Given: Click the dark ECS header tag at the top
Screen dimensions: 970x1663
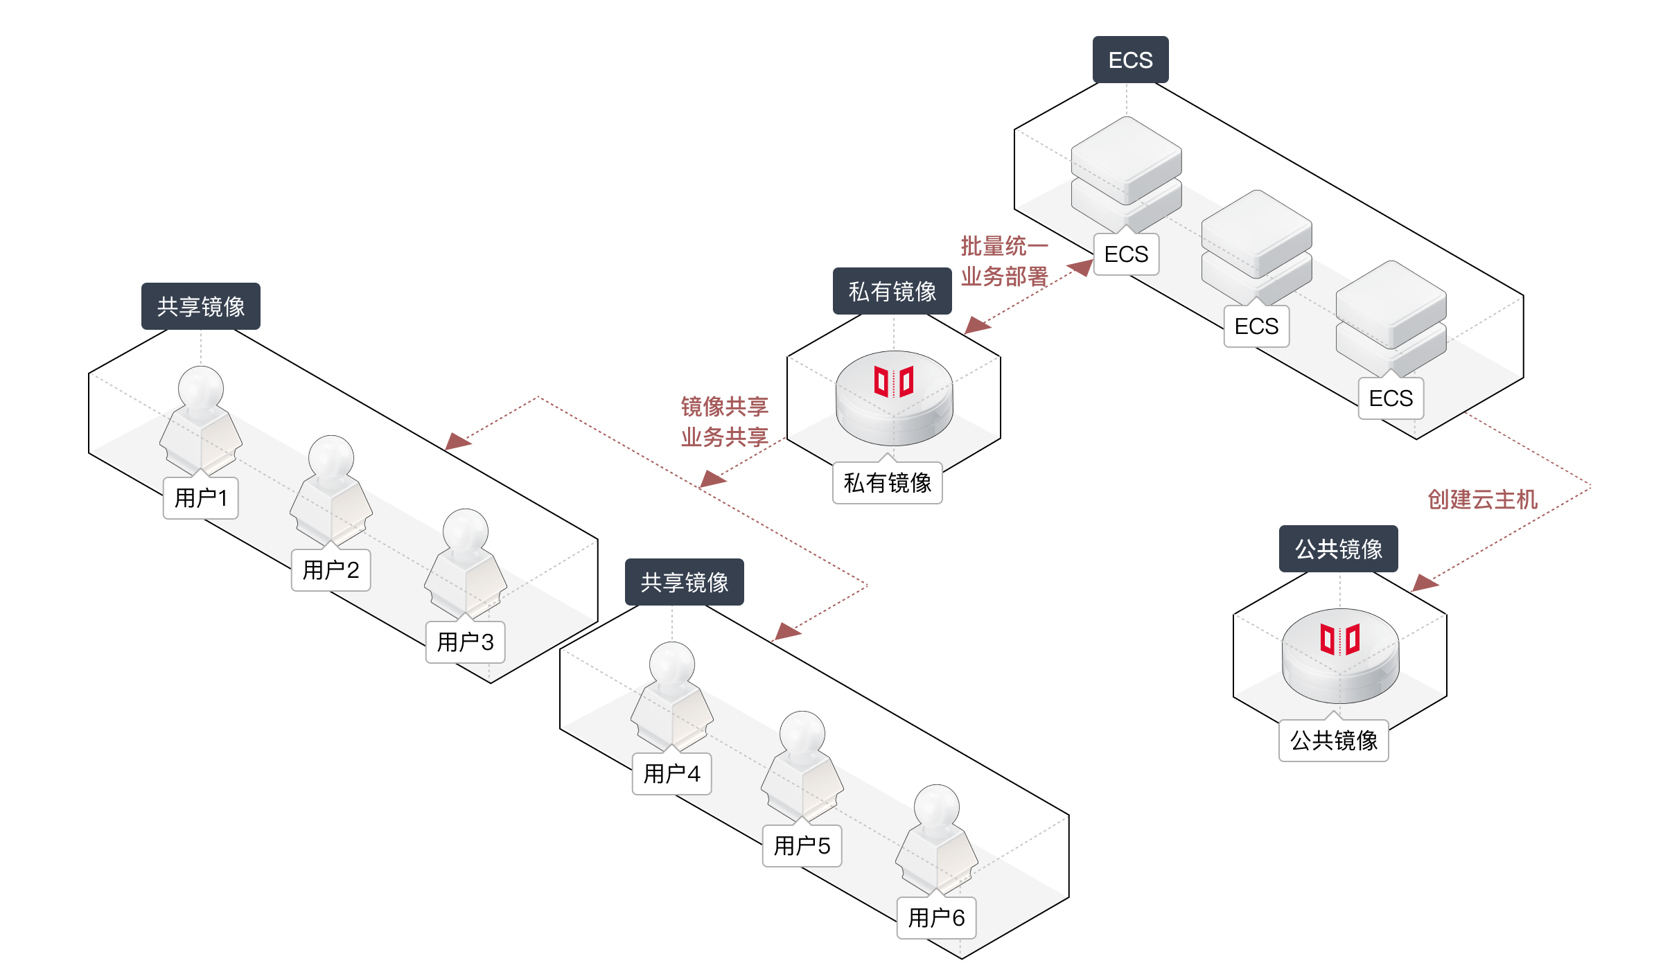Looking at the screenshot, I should coord(1130,60).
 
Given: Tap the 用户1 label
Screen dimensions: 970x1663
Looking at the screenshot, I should coord(200,497).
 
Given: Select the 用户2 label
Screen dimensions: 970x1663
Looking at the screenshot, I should coord(331,570).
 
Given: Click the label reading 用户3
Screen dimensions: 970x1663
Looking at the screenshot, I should coord(465,642).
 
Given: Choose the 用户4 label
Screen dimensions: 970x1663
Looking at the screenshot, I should coord(671,773).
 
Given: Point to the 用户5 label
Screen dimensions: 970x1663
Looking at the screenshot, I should coord(802,845).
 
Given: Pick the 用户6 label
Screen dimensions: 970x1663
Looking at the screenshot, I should coord(936,917).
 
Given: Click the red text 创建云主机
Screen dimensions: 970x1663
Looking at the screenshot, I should coord(1482,499).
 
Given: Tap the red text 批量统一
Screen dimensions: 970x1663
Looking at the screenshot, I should coord(1004,245).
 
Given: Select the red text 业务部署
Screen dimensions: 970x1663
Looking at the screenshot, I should coord(1004,276).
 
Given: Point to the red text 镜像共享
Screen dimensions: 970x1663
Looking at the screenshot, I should coord(724,406).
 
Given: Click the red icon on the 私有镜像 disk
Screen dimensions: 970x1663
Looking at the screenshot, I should coord(894,381).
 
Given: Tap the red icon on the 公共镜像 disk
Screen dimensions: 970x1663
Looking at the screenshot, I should coord(1340,639).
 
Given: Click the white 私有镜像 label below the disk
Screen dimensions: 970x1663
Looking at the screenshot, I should coord(887,482).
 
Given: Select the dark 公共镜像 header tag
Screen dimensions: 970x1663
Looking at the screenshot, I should coord(1338,549).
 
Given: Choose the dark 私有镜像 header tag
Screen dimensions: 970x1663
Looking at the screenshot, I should coord(892,291).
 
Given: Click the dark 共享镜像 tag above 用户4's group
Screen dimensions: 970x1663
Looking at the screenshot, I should coord(684,582).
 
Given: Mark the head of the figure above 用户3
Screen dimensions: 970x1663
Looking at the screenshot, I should coord(466,531).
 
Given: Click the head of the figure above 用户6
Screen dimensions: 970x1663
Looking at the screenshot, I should coord(937,806).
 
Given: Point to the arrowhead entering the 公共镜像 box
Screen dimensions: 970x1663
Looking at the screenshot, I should coord(1425,583).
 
